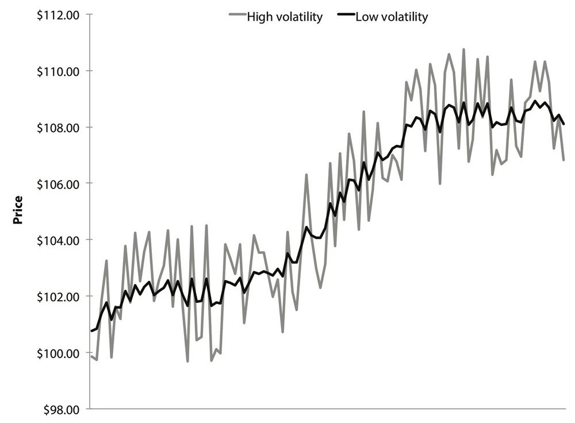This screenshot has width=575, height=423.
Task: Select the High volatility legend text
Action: pyautogui.click(x=285, y=17)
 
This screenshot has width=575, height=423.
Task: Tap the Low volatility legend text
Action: pyautogui.click(x=392, y=17)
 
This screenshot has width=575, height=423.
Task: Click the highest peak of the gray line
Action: pyautogui.click(x=463, y=49)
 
